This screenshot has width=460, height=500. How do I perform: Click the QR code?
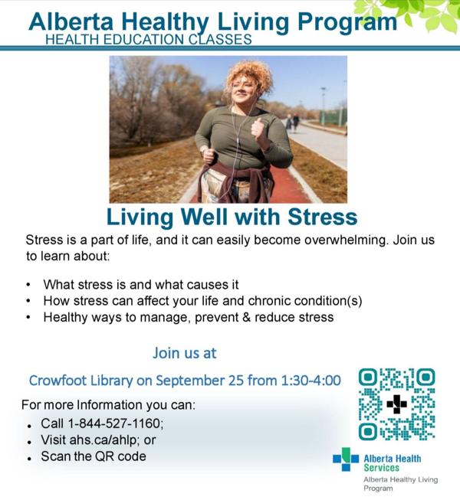point(397,404)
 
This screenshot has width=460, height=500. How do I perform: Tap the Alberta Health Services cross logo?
point(346,459)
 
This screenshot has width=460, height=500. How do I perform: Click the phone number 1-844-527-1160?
point(115,423)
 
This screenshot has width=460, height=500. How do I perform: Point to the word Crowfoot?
point(58,381)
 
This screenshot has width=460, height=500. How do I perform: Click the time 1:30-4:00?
point(311,381)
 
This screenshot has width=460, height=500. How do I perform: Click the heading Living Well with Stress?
point(232,217)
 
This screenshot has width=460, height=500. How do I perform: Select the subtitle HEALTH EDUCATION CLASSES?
point(149,40)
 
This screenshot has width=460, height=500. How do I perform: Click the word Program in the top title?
point(347,22)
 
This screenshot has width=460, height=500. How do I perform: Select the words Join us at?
point(185,353)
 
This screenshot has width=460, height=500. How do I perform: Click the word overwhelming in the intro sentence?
point(346,240)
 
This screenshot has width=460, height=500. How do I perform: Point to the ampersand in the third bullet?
point(246,317)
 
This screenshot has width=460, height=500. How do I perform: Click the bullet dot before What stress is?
point(28,284)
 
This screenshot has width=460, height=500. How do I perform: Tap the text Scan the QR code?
point(94,456)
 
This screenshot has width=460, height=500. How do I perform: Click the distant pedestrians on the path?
point(292,122)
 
